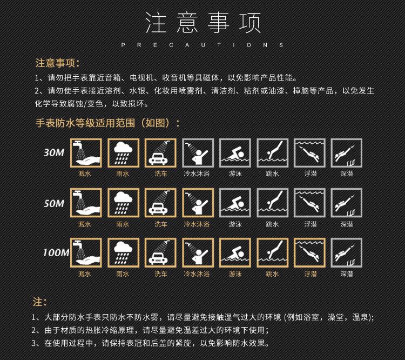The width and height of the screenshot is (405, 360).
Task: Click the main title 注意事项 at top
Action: click(202, 23)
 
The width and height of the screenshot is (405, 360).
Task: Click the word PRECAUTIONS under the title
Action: click(202, 45)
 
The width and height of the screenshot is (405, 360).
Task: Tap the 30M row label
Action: click(54, 153)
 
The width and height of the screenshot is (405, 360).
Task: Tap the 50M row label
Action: click(54, 204)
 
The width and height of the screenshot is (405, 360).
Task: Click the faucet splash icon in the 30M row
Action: click(85, 154)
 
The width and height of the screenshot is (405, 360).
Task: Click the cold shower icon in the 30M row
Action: click(197, 154)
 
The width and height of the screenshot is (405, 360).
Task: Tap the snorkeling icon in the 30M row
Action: click(310, 154)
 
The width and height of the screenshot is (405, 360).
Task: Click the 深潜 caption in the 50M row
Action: click(347, 224)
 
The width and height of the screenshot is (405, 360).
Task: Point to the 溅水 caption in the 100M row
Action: click(85, 274)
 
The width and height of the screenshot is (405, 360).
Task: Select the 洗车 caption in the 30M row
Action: click(160, 174)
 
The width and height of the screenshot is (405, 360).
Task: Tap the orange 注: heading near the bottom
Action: click(41, 302)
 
